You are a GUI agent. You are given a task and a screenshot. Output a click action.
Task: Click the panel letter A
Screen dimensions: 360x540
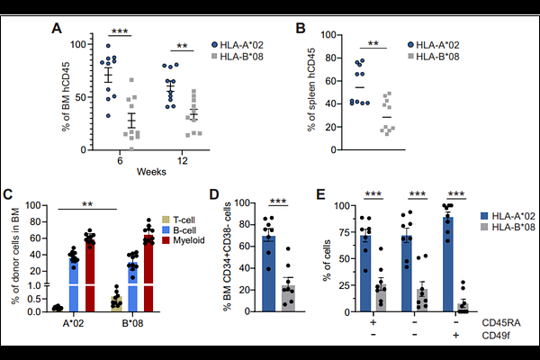(57, 29)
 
